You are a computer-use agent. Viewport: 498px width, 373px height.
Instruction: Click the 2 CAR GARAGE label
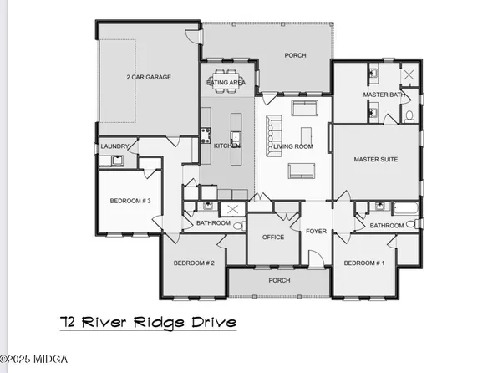coord(149,77)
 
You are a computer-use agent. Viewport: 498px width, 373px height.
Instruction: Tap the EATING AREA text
coord(225,83)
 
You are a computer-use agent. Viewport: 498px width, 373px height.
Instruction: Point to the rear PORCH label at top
coord(295,56)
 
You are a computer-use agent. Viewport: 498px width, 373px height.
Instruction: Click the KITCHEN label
coord(227,146)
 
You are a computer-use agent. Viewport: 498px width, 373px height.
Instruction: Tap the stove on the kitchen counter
coord(205,135)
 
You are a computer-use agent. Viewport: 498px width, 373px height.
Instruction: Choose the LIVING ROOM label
coord(293,146)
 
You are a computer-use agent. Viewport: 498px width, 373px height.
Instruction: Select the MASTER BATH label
coord(384,95)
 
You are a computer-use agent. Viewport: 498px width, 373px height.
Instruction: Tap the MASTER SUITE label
coord(375,159)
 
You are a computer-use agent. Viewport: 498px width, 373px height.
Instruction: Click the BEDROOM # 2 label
coord(195,263)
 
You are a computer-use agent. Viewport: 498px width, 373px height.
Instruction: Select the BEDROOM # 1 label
coord(364,263)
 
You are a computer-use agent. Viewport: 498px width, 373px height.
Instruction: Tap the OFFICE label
coord(272,238)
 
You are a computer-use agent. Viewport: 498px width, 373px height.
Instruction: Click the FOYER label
coord(316,232)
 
